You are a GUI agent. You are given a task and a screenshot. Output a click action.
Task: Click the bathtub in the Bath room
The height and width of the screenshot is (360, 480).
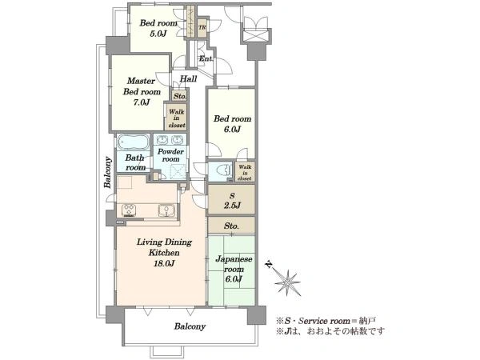point(134,142)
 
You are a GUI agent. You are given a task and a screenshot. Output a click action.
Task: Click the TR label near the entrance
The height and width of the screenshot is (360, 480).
point(202,27)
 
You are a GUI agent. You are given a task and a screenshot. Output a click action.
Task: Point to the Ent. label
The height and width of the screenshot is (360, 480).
point(206,58)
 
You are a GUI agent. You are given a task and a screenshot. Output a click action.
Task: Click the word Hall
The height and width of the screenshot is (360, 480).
point(188,78)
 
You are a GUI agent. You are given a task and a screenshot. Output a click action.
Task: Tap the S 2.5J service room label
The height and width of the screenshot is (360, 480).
point(232,201)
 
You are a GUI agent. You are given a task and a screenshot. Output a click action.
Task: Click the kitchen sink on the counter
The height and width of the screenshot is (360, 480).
point(166,210)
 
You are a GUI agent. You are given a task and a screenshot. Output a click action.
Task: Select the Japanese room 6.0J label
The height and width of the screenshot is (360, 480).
point(234,269)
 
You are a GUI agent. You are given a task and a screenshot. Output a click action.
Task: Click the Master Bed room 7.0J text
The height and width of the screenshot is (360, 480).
point(142,91)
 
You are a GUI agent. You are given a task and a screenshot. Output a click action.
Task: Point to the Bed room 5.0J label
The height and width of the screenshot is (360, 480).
point(158,28)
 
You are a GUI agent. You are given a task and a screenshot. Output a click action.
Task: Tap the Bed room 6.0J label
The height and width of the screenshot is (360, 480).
point(232,124)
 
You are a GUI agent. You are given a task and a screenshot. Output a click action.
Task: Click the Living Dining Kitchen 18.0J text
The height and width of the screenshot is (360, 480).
point(164,253)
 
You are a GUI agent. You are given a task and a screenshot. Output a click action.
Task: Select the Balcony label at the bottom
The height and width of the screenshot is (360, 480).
point(190,326)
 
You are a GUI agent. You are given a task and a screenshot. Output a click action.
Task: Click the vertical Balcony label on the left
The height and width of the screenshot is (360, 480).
point(107,172)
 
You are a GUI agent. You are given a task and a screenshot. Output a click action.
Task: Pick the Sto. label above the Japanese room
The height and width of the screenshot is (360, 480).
point(231,226)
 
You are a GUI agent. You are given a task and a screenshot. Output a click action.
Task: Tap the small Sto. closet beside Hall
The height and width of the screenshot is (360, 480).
point(180,96)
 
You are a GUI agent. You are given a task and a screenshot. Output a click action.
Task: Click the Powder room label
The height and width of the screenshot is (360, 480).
point(171,155)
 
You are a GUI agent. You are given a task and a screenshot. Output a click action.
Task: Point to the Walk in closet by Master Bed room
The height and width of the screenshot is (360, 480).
point(177,118)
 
